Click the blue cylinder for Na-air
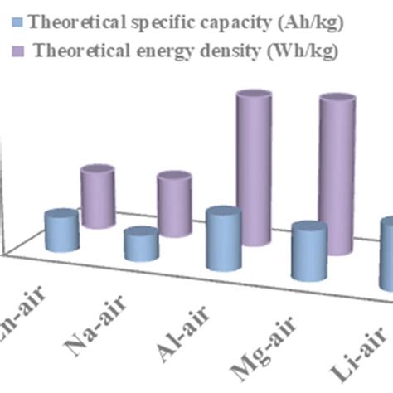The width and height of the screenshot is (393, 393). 141,246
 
